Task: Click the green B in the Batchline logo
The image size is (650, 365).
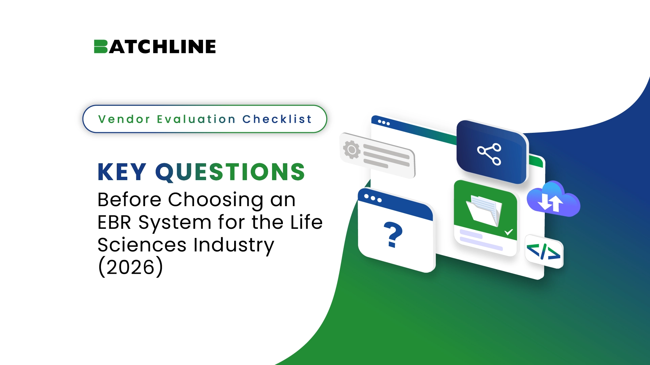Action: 101,47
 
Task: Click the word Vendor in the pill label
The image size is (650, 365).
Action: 124,119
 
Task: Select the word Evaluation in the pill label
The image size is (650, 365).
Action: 196,119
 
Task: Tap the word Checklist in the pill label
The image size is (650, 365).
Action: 277,119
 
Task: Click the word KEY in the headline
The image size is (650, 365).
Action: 122,172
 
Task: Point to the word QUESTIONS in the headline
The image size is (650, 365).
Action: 230,172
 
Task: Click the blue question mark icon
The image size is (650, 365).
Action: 393,235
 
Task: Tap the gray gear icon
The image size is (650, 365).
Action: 352,149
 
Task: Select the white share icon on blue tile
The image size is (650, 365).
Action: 489,154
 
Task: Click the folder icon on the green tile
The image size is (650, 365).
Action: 484,211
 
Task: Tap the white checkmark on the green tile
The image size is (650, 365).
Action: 509,232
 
